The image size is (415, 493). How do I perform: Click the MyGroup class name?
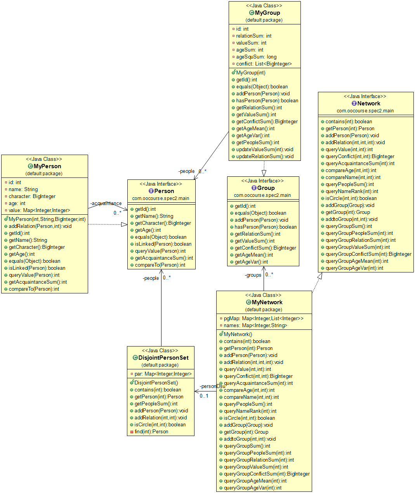click(x=267, y=13)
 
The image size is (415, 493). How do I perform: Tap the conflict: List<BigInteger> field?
click(x=264, y=64)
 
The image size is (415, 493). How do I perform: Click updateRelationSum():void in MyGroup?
click(x=265, y=157)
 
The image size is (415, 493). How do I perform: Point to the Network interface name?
click(x=368, y=103)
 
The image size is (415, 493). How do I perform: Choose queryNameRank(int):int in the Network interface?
click(x=352, y=191)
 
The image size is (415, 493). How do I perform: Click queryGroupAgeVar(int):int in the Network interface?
click(x=354, y=268)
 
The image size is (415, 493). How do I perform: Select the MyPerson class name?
click(x=47, y=166)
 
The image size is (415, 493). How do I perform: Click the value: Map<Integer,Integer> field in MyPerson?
click(x=39, y=210)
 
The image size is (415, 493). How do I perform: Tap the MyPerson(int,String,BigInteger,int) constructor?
click(x=47, y=219)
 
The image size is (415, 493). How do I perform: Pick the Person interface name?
click(x=164, y=191)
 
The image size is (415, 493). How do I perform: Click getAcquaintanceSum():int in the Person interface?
click(x=164, y=258)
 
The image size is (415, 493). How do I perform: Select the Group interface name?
click(x=266, y=188)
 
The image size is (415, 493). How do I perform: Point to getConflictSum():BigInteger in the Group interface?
click(x=265, y=248)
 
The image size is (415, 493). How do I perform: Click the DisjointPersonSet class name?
click(x=163, y=358)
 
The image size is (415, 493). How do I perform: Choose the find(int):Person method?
click(x=151, y=432)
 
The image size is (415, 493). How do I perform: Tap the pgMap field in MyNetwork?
click(x=263, y=319)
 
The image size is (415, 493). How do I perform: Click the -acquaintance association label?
click(x=106, y=203)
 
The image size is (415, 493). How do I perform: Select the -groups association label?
click(x=253, y=275)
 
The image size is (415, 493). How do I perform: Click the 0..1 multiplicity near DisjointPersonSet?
click(x=204, y=396)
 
